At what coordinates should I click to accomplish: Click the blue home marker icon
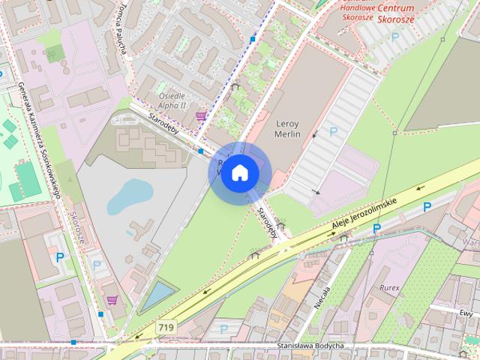[x=239, y=173]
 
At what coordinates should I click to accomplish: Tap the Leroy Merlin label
[x=288, y=128]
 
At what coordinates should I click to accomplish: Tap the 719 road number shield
[x=167, y=328]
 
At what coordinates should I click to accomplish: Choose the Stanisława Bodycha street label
[x=310, y=346]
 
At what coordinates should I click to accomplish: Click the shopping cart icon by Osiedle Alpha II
[x=201, y=116]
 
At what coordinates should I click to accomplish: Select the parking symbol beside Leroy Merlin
[x=334, y=130]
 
